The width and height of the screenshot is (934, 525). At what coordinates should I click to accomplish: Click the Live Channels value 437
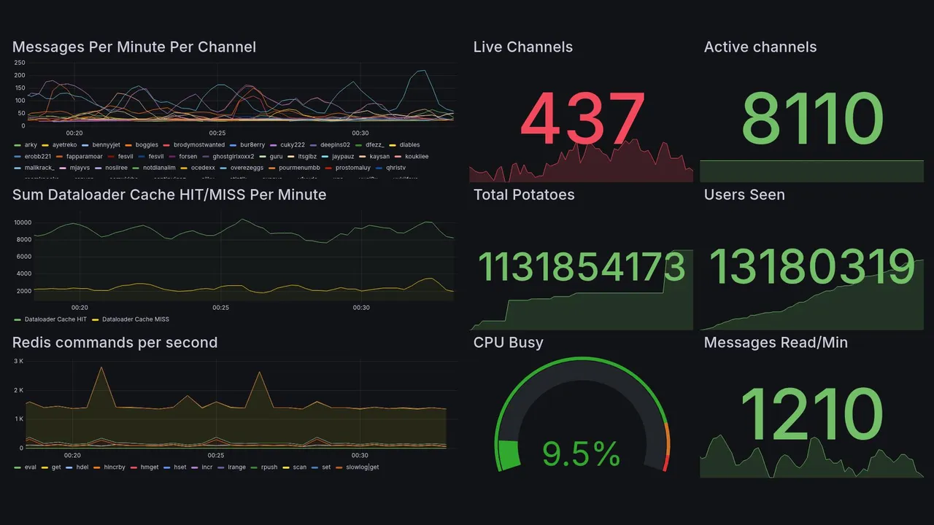582,119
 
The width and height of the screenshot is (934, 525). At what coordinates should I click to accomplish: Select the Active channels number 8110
811,119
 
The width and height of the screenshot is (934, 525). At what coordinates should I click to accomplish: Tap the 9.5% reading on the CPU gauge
582,454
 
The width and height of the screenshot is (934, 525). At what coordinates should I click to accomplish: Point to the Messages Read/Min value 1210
811,414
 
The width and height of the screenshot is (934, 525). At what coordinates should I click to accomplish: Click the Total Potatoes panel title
524,195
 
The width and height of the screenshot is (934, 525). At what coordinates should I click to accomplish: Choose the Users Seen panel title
744,195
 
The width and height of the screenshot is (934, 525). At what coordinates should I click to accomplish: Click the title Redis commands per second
115,343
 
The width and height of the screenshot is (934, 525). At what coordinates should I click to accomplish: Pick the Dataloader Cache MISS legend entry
135,319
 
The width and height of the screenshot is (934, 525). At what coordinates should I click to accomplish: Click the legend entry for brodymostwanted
198,145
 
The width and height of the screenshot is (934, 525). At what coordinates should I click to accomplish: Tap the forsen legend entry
188,157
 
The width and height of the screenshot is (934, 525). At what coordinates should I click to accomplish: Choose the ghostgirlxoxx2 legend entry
233,157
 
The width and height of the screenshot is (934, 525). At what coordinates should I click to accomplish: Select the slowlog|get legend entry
362,467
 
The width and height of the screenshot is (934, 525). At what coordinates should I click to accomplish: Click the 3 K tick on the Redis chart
18,361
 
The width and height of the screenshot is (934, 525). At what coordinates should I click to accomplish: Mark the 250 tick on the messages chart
19,63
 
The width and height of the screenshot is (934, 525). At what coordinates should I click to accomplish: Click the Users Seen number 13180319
811,267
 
